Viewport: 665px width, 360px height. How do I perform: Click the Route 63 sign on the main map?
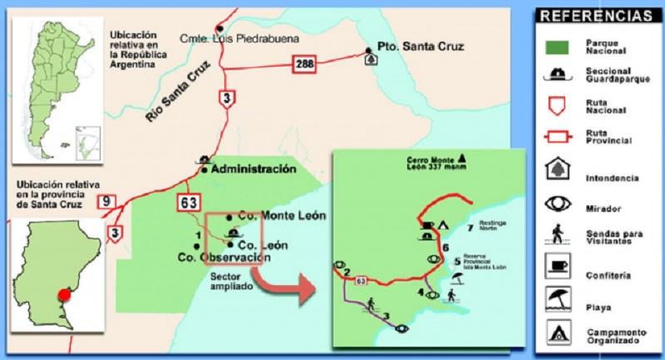point(186,201)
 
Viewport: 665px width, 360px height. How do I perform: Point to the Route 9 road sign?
point(106,200)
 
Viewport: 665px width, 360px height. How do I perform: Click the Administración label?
point(254,169)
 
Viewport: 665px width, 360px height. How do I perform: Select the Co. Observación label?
point(224,258)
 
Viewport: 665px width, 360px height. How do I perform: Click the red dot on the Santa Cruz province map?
point(65,293)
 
